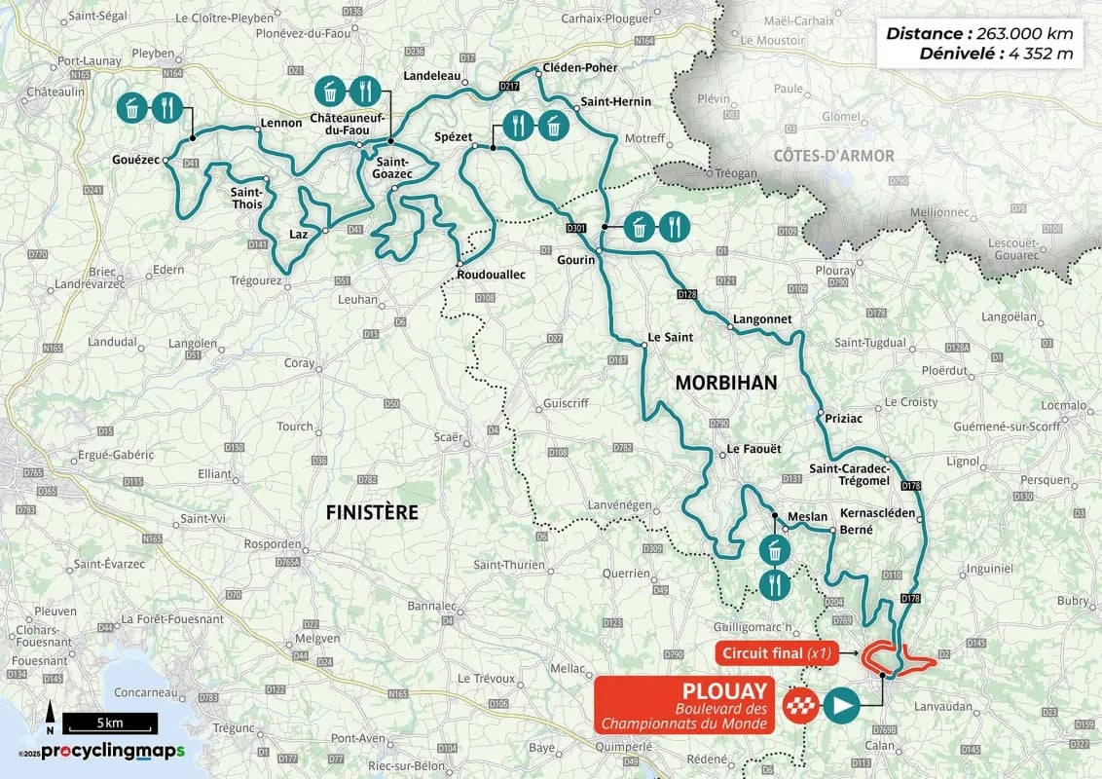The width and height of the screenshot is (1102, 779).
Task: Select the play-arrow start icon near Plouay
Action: [x=842, y=703]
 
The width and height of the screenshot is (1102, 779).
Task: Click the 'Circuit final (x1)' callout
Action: [x=776, y=653]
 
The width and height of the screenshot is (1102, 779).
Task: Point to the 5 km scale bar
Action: [x=109, y=723]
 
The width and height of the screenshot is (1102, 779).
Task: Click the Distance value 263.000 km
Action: [x=1017, y=33]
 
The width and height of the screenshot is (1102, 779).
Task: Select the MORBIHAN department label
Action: [x=726, y=383]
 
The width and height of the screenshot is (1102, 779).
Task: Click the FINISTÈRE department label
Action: [x=371, y=512]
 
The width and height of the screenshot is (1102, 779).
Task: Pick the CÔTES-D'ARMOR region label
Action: [x=833, y=156]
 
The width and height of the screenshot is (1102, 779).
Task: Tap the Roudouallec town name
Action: [x=491, y=276]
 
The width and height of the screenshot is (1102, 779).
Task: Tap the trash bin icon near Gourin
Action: [x=639, y=227]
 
